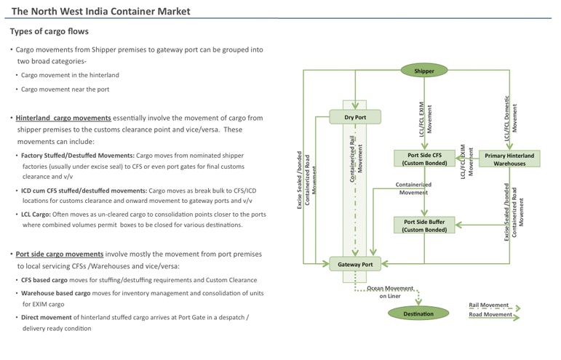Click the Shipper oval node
[x=424, y=71]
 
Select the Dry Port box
[x=354, y=116]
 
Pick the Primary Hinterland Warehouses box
[x=509, y=159]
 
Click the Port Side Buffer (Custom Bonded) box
[x=424, y=225]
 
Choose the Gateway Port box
[x=354, y=264]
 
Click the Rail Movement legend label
[x=488, y=305]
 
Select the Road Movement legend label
[x=490, y=314]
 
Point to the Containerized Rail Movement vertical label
[x=357, y=158]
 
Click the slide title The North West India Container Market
[x=101, y=11]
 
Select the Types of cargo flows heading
[x=49, y=32]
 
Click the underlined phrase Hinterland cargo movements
[x=63, y=118]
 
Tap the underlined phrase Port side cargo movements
[x=60, y=255]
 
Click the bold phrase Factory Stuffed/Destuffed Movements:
[x=77, y=156]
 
